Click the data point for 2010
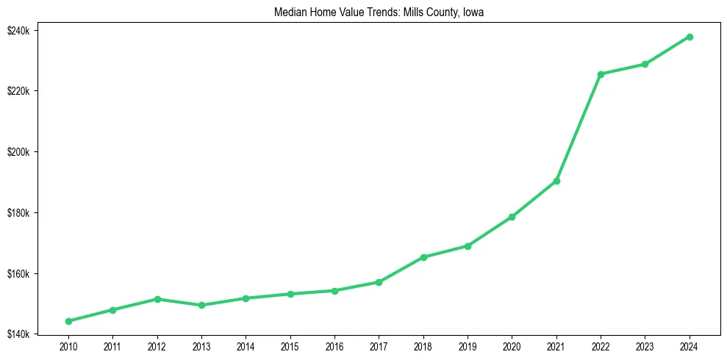pos(68,321)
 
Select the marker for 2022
pos(601,74)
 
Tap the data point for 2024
pos(690,37)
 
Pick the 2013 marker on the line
pos(201,305)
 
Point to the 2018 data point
pos(423,257)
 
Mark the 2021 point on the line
pos(556,181)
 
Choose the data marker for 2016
pos(334,290)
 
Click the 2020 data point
pos(512,217)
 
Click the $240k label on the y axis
pos(18,30)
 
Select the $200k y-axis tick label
pos(18,152)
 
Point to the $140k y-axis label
pos(18,334)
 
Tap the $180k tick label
pos(18,213)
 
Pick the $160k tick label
pos(18,274)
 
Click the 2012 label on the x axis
pos(157,346)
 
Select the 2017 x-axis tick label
pos(379,346)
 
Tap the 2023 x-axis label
pos(645,346)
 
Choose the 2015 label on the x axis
pos(290,346)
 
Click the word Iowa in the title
pos(473,12)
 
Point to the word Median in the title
pos(289,12)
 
